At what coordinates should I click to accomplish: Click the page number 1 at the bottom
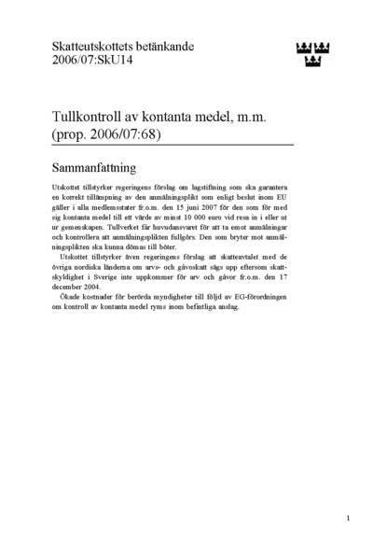click(347, 518)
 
